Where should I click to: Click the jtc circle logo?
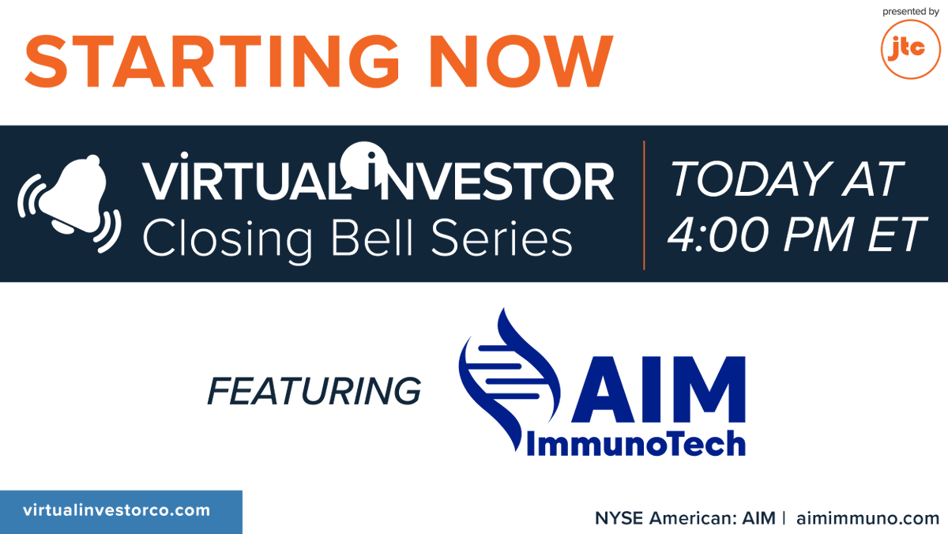pyautogui.click(x=909, y=49)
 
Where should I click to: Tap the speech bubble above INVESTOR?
pyautogui.click(x=363, y=156)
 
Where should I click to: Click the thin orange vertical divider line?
pyautogui.click(x=644, y=205)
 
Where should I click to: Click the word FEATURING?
pyautogui.click(x=314, y=391)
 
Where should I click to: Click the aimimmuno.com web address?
pyautogui.click(x=867, y=518)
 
